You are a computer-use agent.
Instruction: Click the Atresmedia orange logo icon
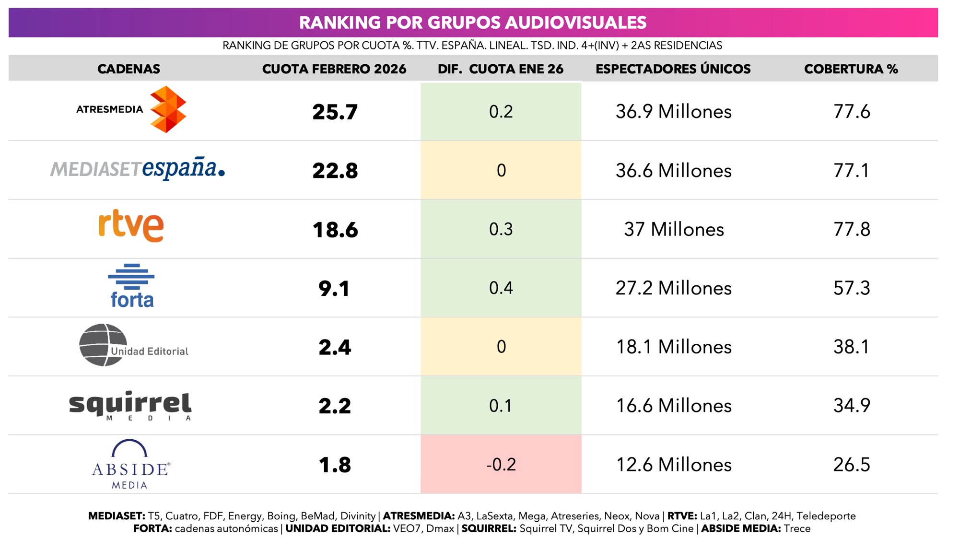coord(168,109)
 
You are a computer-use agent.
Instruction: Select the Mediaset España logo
coord(138,168)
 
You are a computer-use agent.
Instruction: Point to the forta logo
coord(131,286)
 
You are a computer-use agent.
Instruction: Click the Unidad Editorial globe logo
coord(104,345)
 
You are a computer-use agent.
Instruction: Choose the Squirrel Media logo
coord(130,405)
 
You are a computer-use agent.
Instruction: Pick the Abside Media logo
coord(130,464)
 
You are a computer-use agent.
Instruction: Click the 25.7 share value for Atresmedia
coord(335,112)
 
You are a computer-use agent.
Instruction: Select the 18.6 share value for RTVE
coord(335,230)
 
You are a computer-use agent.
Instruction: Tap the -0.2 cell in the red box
coord(501,464)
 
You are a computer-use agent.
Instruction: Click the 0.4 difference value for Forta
coord(501,288)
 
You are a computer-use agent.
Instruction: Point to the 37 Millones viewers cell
coord(674,229)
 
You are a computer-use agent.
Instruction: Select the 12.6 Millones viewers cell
coord(674,464)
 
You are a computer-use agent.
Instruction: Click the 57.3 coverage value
coord(851,288)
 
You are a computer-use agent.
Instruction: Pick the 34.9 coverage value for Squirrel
coord(851,405)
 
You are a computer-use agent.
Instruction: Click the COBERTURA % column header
coord(851,69)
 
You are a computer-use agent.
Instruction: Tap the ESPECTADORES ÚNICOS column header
coord(673,69)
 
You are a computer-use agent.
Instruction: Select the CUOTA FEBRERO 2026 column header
coord(334,69)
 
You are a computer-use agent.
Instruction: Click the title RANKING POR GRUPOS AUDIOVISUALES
coord(473,23)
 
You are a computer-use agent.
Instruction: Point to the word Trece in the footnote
coord(797,528)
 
